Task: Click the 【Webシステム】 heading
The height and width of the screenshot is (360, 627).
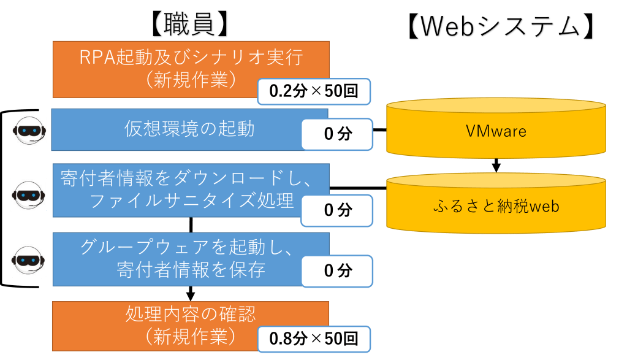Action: click(501, 26)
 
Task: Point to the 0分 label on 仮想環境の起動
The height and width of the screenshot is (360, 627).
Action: click(336, 134)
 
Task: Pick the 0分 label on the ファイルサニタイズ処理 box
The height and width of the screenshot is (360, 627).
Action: click(336, 210)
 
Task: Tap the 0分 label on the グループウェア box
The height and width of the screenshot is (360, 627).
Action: click(336, 270)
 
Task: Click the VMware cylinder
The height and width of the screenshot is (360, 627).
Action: click(496, 130)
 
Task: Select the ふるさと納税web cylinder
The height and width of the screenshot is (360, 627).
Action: click(496, 206)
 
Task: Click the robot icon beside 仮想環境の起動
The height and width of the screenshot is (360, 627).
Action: click(29, 129)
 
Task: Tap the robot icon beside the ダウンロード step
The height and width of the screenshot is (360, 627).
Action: click(29, 194)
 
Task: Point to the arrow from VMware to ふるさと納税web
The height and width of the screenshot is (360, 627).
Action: click(496, 166)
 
